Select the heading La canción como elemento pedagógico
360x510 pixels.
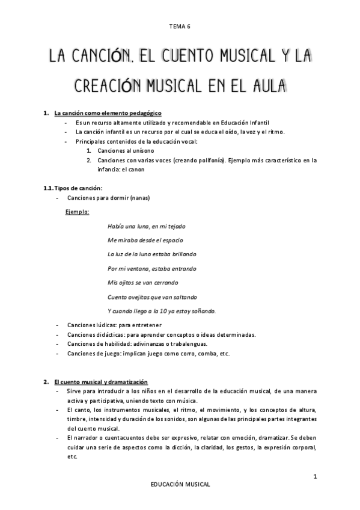click(x=107, y=113)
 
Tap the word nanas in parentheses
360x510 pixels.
click(x=139, y=198)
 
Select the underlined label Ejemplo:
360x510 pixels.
click(x=77, y=212)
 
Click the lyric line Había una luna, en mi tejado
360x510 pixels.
click(x=146, y=226)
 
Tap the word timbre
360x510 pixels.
click(x=76, y=419)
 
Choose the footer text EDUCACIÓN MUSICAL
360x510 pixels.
click(x=180, y=484)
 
